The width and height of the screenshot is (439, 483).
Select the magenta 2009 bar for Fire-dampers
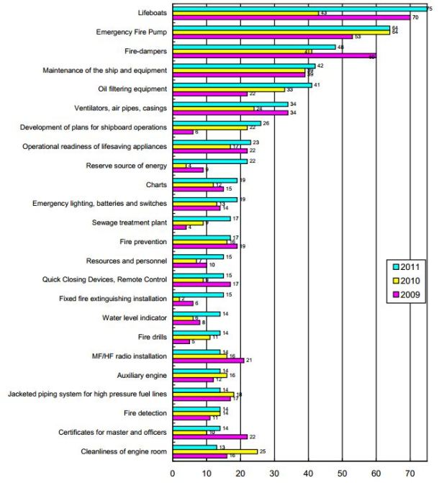[274, 56]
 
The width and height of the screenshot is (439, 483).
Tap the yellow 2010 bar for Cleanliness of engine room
[215, 451]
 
